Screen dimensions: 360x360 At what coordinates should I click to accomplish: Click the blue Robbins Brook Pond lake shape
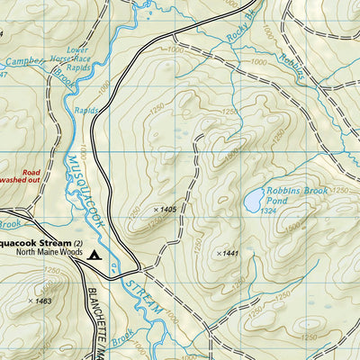[x=254, y=198]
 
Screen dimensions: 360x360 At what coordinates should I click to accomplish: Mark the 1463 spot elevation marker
[x=41, y=301]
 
